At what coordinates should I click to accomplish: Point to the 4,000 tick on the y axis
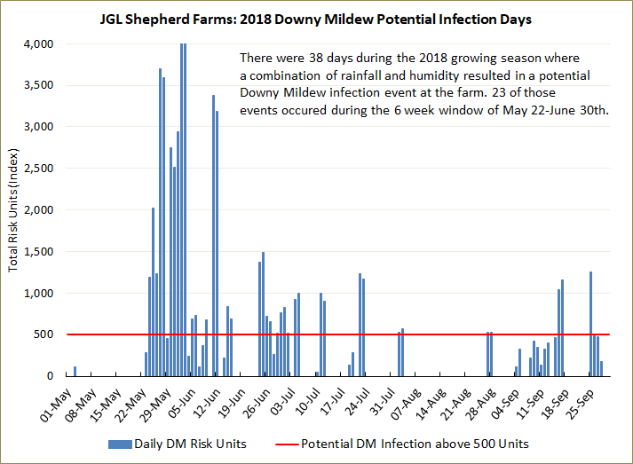(38, 43)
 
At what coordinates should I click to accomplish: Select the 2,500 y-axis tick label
(38, 169)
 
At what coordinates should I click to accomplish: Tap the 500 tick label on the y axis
(44, 334)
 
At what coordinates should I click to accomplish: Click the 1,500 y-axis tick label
(38, 251)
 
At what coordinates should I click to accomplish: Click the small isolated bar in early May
(75, 371)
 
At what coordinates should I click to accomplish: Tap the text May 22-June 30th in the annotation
(550, 110)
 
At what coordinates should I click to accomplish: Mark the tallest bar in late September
(590, 324)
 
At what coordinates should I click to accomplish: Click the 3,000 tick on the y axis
(38, 127)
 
